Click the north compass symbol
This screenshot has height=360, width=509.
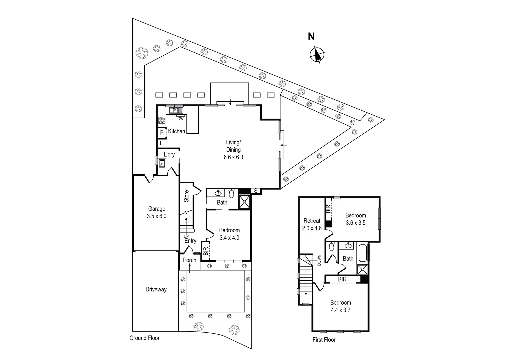[317, 55]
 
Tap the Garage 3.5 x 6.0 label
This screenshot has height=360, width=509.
[156, 212]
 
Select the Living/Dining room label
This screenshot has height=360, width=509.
[233, 150]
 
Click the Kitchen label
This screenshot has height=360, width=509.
[176, 131]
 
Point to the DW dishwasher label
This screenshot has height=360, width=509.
[180, 119]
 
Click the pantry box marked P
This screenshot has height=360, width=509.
[162, 133]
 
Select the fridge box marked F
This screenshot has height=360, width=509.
[162, 143]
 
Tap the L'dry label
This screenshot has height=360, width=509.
[169, 154]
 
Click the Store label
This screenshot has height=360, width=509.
[186, 196]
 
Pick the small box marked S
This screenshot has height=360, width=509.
[256, 191]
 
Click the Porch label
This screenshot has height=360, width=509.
[190, 260]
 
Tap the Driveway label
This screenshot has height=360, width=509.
[156, 289]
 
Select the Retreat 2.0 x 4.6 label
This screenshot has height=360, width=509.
[312, 224]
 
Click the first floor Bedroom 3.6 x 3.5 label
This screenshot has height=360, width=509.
[355, 219]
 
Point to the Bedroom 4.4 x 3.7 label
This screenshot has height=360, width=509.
[340, 306]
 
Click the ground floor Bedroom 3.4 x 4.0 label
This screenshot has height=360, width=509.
[229, 234]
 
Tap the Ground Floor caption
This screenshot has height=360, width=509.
[144, 338]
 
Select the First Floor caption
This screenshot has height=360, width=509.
[324, 340]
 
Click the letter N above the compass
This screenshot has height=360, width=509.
[311, 36]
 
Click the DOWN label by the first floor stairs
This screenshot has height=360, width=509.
[319, 260]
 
